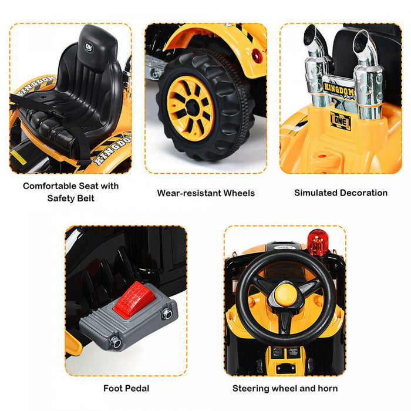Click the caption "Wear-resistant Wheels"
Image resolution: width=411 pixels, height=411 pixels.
206,193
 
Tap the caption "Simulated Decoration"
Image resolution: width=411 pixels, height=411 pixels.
341,193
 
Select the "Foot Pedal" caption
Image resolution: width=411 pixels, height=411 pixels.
126,388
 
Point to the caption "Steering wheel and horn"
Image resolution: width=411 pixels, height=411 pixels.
285,388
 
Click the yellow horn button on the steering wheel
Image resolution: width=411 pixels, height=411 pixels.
284,291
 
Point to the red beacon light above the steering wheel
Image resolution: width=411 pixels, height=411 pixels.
318,242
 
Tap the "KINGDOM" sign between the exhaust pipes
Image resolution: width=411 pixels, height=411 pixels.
339,87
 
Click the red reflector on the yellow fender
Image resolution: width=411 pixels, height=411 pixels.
255,55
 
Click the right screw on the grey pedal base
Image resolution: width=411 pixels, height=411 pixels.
167,314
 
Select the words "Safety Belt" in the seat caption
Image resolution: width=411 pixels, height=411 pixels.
70,198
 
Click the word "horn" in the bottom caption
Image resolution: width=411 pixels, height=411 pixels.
327,388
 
